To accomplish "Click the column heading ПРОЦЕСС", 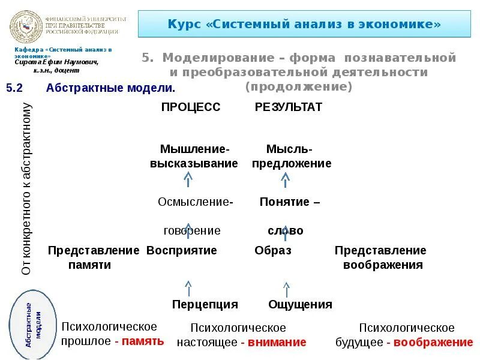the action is click(x=191, y=107).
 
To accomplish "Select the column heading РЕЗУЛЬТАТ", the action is click(x=289, y=107).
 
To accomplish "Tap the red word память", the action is click(x=143, y=341).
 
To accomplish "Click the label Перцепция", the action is click(x=205, y=304).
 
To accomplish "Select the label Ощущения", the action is click(x=300, y=304).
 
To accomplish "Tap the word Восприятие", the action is click(x=182, y=250).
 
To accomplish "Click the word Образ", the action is click(x=272, y=250).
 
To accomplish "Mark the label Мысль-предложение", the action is click(x=291, y=156).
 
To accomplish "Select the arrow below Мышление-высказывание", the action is click(x=188, y=179).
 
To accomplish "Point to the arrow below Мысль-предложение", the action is click(x=286, y=179).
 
